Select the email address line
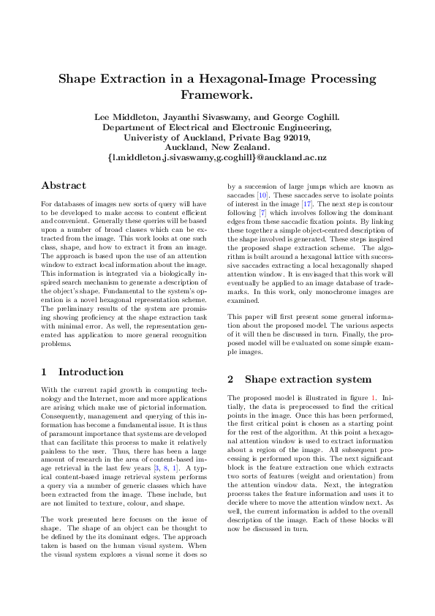217,157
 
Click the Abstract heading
64,186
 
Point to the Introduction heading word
91,372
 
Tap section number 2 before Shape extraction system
231,379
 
